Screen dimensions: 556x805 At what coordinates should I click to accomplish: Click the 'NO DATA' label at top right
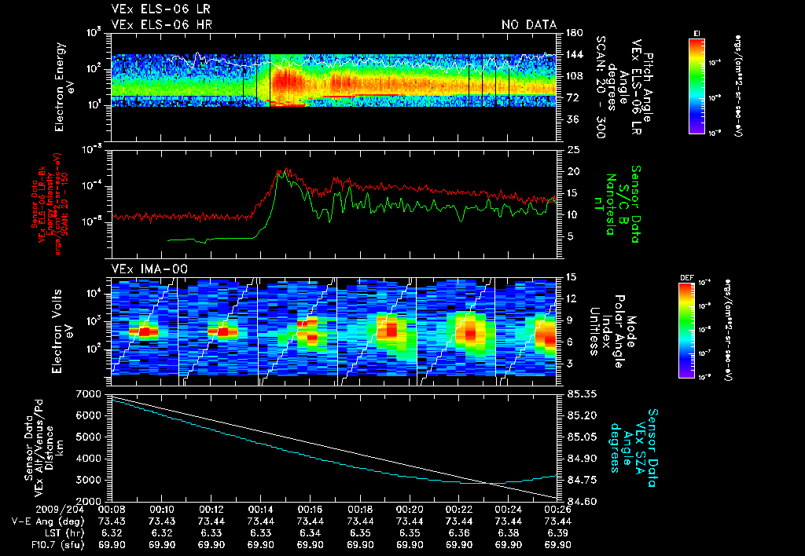pyautogui.click(x=529, y=25)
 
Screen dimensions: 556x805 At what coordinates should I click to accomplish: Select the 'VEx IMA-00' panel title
pyautogui.click(x=145, y=269)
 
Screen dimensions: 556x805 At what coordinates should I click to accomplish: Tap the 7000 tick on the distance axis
pyautogui.click(x=92, y=393)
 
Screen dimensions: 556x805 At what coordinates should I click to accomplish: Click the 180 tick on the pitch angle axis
pyautogui.click(x=574, y=33)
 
